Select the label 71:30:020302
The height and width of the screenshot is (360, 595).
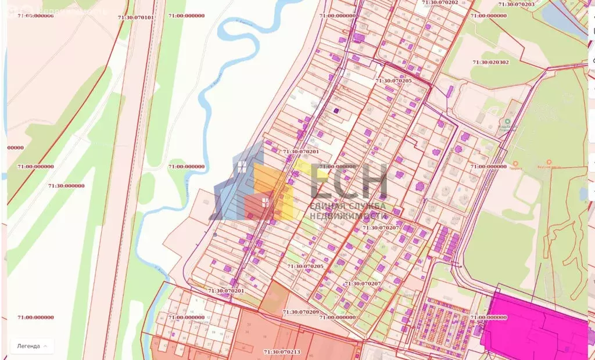490,62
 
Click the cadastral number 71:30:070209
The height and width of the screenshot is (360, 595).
300,312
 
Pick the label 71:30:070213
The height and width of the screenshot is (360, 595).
282,351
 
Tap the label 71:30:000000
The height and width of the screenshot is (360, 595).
66,186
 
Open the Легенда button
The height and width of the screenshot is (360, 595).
32,346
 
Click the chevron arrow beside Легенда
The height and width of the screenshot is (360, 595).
46,346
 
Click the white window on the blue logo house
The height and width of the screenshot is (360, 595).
241,168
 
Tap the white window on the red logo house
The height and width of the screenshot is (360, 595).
265,202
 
